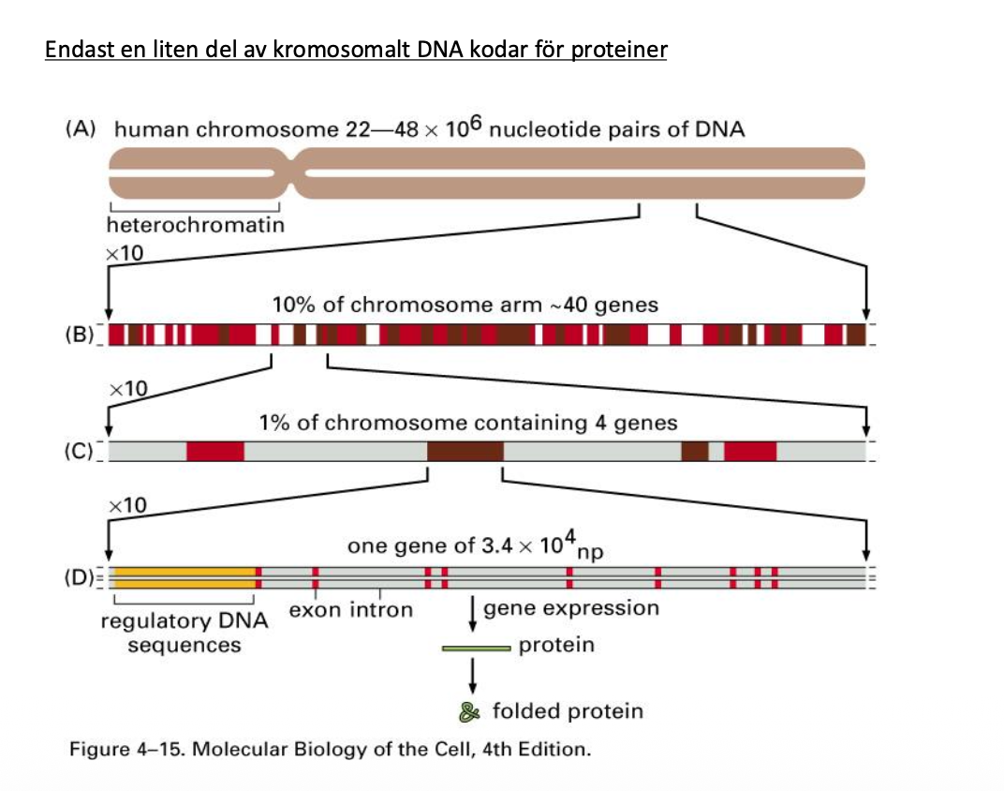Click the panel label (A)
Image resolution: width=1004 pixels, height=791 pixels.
point(81,129)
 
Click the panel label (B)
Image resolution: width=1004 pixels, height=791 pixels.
point(81,335)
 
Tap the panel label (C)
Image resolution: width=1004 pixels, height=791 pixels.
point(81,451)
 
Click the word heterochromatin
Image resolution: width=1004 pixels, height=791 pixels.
point(196,225)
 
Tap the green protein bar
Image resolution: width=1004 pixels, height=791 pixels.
point(477,647)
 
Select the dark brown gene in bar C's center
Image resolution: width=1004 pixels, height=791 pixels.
point(465,451)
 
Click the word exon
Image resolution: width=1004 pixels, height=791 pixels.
point(315,611)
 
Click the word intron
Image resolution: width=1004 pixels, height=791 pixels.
point(381,611)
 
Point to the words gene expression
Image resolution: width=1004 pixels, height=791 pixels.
point(571,608)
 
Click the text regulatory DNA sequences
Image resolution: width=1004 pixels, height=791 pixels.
point(185,633)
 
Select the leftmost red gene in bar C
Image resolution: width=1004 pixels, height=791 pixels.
point(215,451)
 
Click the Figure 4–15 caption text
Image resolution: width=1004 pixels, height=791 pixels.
point(331,751)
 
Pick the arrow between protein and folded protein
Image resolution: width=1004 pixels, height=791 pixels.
point(474,672)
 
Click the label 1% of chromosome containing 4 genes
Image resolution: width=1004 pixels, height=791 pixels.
point(468,423)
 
